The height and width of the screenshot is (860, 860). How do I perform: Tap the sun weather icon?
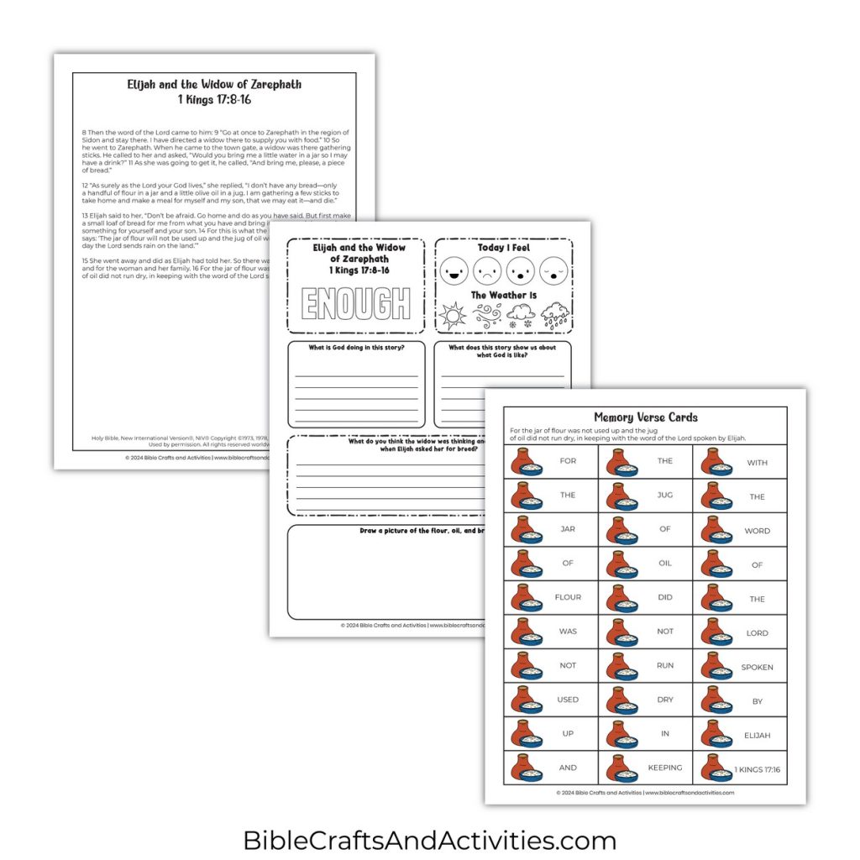point(453,317)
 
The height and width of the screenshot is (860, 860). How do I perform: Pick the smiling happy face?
point(454,271)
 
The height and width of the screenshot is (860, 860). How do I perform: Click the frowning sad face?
point(487,271)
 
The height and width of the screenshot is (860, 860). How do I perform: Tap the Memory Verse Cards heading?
point(645,417)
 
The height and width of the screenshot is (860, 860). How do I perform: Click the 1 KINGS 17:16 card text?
point(757,769)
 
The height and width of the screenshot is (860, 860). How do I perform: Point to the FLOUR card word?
point(568,598)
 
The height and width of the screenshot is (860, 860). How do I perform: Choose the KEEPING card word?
point(665,768)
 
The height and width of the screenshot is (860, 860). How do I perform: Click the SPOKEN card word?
point(757,668)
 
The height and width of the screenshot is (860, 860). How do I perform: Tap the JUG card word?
point(665,496)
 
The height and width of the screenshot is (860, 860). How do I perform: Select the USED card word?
point(568,700)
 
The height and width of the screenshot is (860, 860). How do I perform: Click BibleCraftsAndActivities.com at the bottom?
point(429,840)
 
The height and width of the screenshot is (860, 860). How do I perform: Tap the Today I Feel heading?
point(504,248)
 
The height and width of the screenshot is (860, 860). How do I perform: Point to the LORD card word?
point(757,633)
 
